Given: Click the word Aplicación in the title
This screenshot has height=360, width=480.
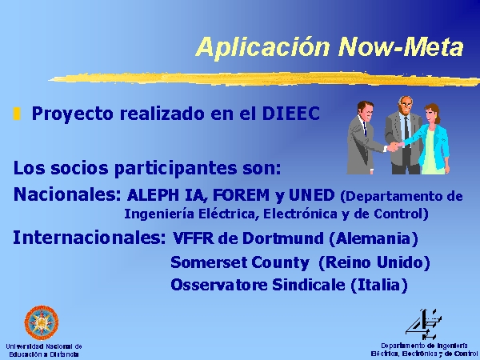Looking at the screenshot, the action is click(262, 47).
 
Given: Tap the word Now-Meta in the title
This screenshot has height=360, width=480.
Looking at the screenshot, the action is click(401, 46).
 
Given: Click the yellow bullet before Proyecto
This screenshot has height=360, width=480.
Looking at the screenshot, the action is click(17, 114).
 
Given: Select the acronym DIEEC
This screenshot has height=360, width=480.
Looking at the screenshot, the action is click(291, 114).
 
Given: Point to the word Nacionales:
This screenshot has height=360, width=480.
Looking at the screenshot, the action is click(67, 194).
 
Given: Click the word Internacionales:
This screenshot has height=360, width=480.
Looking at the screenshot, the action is click(90, 238).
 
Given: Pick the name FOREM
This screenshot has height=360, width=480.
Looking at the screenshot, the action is click(241, 195).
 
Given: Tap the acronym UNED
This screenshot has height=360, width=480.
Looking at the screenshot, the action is click(312, 195).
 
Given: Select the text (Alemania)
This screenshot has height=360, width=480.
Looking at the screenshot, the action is click(374, 238).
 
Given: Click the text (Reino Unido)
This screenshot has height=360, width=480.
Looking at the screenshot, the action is click(374, 262).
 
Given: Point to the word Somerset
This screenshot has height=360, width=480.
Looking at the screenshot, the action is click(209, 262).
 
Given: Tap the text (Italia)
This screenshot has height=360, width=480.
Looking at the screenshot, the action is click(379, 285).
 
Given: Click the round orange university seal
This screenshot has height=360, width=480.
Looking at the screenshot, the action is click(42, 322).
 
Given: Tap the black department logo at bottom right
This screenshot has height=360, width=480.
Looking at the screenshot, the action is click(423, 325).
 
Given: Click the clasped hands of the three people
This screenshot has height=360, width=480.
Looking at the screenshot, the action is click(395, 146).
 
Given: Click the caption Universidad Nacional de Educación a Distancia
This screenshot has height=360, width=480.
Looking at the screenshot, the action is click(44, 350).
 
